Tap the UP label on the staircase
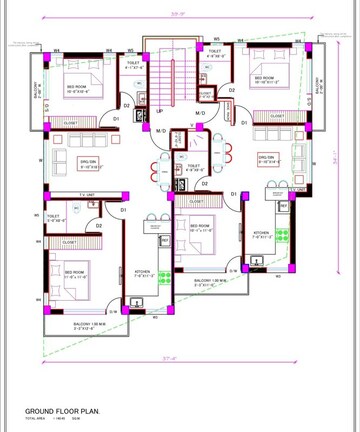160,112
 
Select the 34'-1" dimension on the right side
337,155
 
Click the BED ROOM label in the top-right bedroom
264,79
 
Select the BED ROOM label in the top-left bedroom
77,88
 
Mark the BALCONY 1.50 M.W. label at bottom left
90,324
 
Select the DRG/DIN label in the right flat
267,158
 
